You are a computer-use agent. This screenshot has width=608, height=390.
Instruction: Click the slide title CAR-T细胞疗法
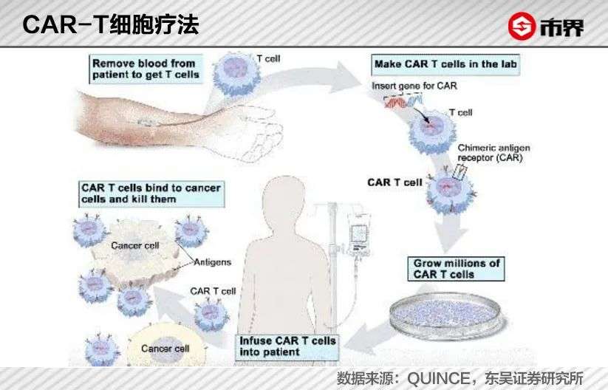[111, 25]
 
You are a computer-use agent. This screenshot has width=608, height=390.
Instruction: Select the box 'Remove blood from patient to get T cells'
[146, 69]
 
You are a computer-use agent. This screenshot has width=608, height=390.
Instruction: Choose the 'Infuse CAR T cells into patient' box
[287, 346]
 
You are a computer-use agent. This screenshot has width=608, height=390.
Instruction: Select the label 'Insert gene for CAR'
[414, 86]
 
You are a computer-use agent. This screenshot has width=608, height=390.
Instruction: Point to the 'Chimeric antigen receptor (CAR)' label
[493, 152]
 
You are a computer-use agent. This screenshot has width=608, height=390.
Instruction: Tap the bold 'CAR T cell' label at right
[394, 182]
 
